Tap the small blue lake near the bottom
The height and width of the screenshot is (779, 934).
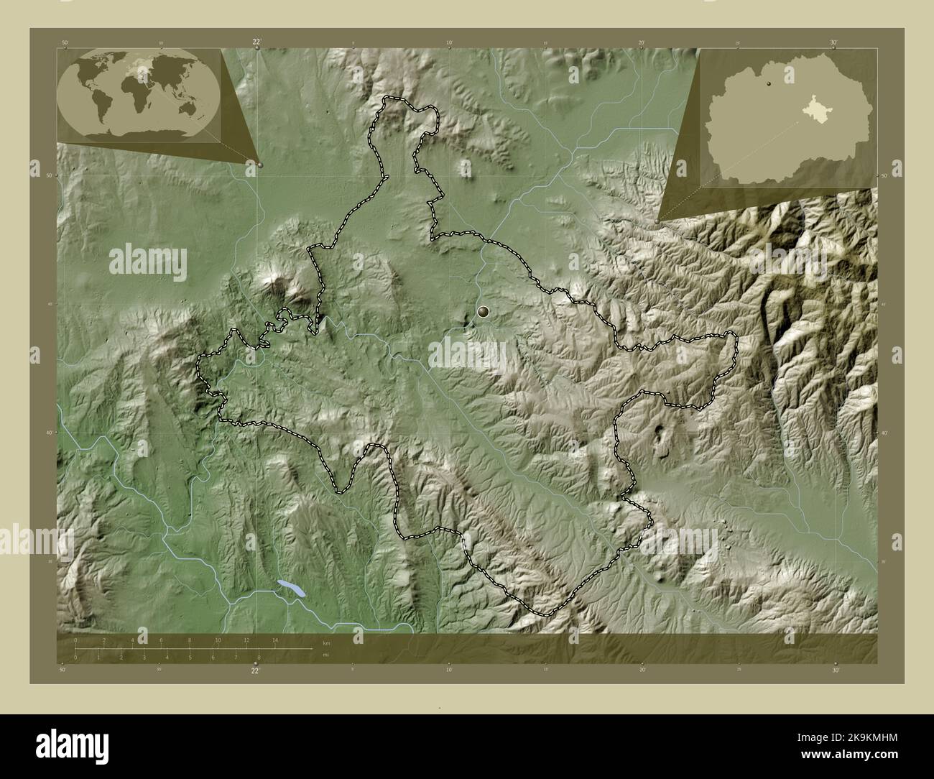(292, 589)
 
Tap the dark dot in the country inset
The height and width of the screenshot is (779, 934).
(770, 84)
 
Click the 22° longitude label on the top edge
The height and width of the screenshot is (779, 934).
(256, 42)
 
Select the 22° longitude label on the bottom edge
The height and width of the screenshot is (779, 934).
(255, 670)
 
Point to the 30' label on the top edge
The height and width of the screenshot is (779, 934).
(833, 43)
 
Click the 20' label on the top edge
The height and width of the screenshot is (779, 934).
(642, 43)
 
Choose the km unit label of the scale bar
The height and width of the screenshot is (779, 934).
(326, 642)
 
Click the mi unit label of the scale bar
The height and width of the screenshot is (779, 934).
(325, 655)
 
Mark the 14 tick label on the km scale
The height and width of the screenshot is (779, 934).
(274, 640)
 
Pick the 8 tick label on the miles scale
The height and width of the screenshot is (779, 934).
(259, 657)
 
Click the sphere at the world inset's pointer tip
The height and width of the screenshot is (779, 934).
(260, 165)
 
